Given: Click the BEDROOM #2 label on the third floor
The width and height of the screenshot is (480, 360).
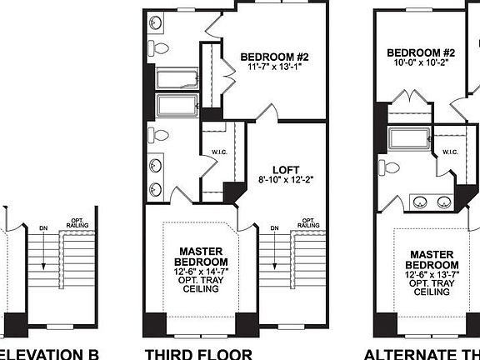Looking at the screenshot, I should [x=275, y=57].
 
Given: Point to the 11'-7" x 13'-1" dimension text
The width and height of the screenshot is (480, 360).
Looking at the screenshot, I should [x=275, y=67].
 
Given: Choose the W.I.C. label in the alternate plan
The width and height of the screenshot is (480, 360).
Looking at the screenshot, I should [x=450, y=152].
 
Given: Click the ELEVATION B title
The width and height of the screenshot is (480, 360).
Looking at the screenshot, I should [x=50, y=353].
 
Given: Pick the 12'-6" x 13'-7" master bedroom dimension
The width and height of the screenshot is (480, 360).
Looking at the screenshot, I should [x=432, y=274].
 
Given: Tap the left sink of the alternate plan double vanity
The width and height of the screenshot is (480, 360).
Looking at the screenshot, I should [x=422, y=202].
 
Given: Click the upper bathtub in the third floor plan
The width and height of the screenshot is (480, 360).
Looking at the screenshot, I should [x=176, y=79].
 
